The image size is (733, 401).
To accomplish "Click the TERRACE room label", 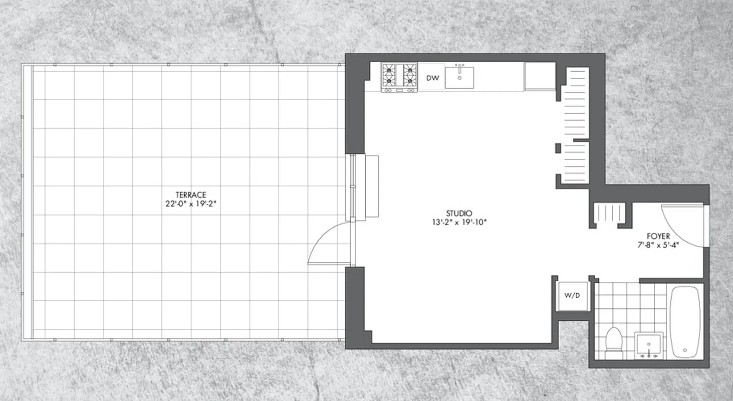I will (x=191, y=195).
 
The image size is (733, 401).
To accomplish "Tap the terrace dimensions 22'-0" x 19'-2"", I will (x=191, y=204).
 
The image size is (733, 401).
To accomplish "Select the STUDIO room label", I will (x=459, y=213).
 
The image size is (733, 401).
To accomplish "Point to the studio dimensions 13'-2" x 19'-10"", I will (x=459, y=222).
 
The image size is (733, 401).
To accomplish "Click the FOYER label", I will (x=658, y=236).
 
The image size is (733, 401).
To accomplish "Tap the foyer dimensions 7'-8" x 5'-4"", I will (x=658, y=246).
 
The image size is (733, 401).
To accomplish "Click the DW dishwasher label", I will (x=432, y=78).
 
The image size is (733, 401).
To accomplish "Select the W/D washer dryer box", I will (x=572, y=296).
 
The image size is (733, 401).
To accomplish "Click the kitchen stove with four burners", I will (x=399, y=77).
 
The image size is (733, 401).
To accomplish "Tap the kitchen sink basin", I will (x=459, y=77).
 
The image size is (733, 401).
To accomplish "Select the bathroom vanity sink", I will (x=649, y=345).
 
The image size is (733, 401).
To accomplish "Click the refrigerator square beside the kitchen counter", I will (x=540, y=77).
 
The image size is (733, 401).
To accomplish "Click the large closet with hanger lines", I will (x=575, y=125).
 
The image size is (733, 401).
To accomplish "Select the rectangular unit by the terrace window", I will (x=372, y=186).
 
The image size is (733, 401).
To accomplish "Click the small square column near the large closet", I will (x=558, y=148).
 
